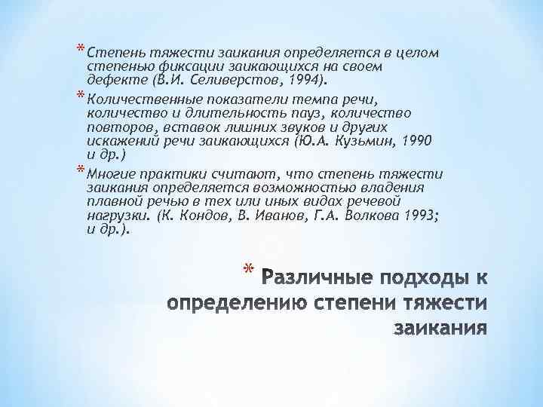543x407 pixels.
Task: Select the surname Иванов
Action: (281, 216)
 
